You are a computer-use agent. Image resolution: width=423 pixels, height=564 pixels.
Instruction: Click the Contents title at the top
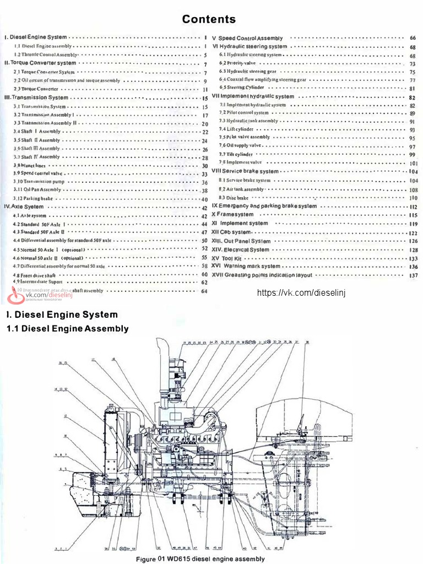coord(209,19)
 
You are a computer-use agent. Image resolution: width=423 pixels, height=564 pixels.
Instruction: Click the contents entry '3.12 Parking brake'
coord(34,198)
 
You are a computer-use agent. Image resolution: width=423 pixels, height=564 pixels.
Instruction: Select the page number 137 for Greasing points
coord(413,275)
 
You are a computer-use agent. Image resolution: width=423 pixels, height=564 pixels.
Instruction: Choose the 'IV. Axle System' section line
coord(24,207)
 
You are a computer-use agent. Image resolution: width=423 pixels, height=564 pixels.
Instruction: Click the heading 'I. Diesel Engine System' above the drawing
coord(62,315)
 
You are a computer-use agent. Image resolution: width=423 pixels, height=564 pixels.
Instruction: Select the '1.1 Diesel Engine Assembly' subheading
coord(67,329)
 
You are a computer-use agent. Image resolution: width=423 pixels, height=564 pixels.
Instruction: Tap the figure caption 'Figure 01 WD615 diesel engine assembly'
coord(200,558)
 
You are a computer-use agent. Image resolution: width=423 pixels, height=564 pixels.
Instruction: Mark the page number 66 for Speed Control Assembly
coord(413,38)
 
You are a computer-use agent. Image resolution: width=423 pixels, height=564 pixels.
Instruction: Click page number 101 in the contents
coord(414,164)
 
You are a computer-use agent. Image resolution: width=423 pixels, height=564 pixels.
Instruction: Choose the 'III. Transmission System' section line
coord(36,97)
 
